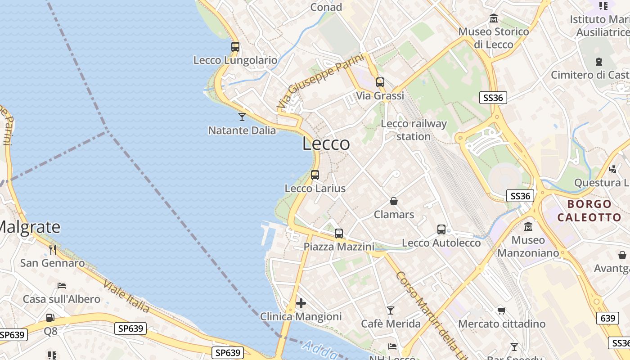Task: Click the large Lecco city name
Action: point(326,144)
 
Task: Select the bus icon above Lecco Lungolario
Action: point(235,46)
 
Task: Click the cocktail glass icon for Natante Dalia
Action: point(242,117)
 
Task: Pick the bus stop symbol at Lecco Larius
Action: point(315,175)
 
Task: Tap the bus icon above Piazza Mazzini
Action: point(339,234)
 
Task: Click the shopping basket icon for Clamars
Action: point(394,201)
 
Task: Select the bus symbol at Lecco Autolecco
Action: point(441,229)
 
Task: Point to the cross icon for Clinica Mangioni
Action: point(301,303)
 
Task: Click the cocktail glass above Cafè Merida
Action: point(391,310)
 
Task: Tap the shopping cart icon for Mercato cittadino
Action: point(502,310)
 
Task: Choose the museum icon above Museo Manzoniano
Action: point(528,226)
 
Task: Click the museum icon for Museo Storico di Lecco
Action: point(494,18)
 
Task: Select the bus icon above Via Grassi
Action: point(380,82)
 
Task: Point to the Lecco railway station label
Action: point(414,130)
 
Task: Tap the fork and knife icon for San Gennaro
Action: point(53,250)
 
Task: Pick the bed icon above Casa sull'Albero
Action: point(62,286)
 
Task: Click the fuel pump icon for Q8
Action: point(50,318)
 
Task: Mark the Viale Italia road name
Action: point(126,296)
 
